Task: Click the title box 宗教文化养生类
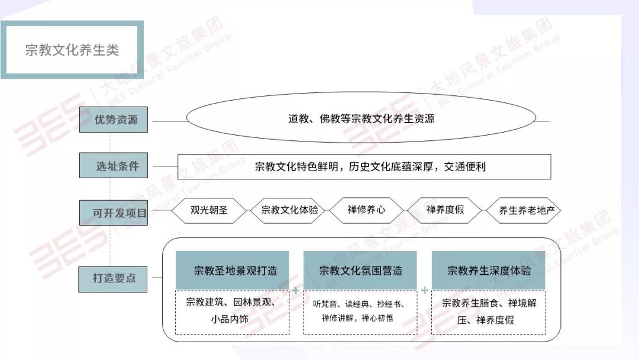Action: click(x=72, y=50)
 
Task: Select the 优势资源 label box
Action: click(x=113, y=120)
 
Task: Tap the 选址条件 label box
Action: click(x=113, y=166)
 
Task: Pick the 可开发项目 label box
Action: click(x=113, y=213)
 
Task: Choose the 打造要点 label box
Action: click(x=113, y=279)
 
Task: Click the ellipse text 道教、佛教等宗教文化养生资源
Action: click(x=361, y=118)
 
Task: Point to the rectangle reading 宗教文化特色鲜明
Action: click(x=364, y=166)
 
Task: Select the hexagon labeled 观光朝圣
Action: click(x=209, y=210)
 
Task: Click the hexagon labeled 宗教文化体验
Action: click(x=289, y=210)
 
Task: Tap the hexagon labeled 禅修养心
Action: click(x=366, y=210)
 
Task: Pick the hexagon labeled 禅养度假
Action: click(x=444, y=210)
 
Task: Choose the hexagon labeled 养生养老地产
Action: click(x=524, y=210)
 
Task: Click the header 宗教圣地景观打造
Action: click(x=233, y=271)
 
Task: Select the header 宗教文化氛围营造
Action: click(x=360, y=271)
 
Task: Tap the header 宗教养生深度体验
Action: click(x=489, y=271)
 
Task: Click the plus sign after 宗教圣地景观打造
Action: click(x=296, y=290)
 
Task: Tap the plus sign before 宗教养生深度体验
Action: click(x=425, y=290)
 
